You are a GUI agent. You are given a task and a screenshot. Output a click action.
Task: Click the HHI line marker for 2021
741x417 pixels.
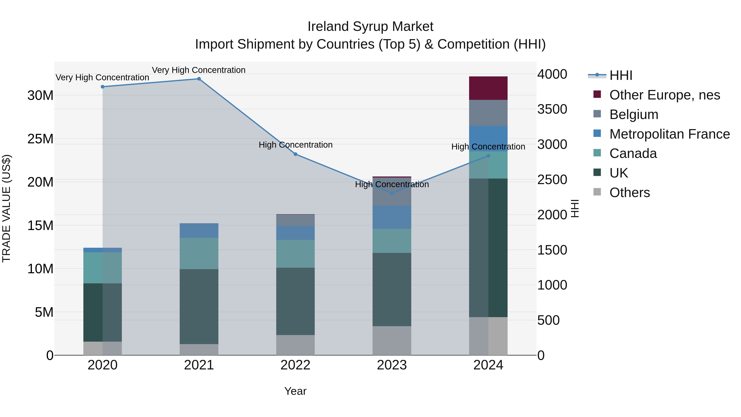[x=199, y=79]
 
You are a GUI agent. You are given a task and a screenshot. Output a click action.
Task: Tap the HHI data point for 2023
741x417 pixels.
[x=391, y=193]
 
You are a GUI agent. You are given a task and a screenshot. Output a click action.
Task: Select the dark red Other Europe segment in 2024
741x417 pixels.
[x=488, y=88]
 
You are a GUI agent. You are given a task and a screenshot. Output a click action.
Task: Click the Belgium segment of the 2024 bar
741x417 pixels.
[x=488, y=113]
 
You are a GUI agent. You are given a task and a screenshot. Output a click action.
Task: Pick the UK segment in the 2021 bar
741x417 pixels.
[x=199, y=306]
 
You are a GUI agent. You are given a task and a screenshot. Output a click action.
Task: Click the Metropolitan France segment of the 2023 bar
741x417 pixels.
[x=391, y=217]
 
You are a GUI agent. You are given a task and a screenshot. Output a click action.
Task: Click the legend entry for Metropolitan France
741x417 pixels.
[x=669, y=134]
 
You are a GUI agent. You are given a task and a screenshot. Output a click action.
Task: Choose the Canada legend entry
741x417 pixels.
[x=633, y=154]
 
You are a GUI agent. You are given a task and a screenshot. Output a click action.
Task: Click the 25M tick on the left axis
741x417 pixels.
[x=40, y=139]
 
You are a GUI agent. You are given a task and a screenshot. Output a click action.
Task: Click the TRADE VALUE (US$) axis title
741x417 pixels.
[x=7, y=208]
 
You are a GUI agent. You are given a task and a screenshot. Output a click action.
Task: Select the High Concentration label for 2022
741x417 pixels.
[x=295, y=145]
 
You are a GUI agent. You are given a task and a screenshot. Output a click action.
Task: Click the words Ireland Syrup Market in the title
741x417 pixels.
[x=370, y=27]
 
